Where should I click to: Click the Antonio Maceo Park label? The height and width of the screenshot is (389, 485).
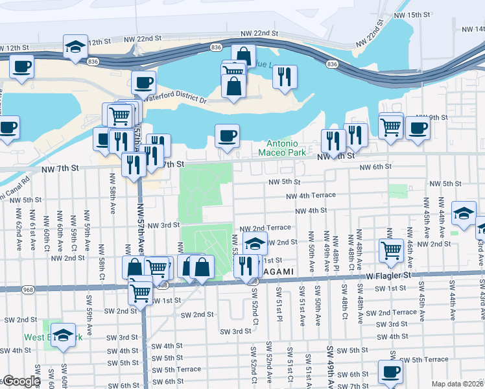tap(287, 147)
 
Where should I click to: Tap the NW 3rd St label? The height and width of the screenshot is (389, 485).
tap(163, 225)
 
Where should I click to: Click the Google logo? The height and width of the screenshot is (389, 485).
tap(21, 381)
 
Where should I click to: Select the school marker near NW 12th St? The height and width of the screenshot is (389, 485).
tap(76, 47)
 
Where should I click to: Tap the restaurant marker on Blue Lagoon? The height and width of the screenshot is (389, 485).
tap(285, 77)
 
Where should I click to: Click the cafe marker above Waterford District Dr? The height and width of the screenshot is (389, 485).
tap(143, 82)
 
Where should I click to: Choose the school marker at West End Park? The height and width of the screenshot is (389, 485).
tap(63, 336)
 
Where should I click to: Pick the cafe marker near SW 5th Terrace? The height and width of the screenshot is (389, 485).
tap(390, 372)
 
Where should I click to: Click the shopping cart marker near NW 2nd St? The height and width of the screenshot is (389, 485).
tap(392, 250)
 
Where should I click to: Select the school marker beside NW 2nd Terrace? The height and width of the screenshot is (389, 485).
tap(255, 244)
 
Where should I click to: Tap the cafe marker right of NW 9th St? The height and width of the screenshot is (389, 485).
tap(417, 128)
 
